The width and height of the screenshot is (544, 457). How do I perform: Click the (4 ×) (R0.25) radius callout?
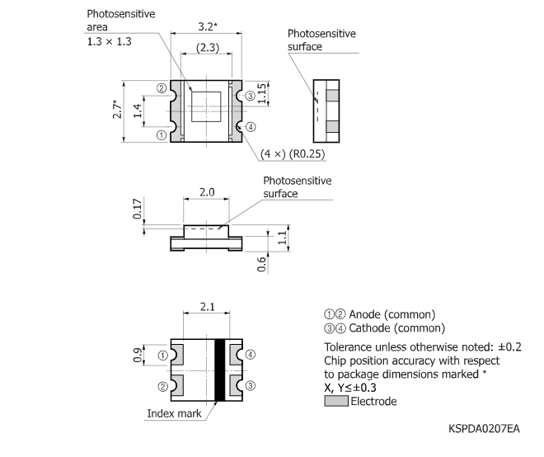pos(293,153)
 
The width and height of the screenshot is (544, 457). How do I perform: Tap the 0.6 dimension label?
pos(262,265)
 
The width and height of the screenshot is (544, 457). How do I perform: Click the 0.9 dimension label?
pos(138,356)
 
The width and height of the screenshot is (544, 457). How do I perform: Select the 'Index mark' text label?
pos(174,412)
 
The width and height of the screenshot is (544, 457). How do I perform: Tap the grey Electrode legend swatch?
pos(336,402)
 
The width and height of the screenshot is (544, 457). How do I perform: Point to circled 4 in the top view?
pos(251,126)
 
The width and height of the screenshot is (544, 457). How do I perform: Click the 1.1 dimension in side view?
pos(282,238)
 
